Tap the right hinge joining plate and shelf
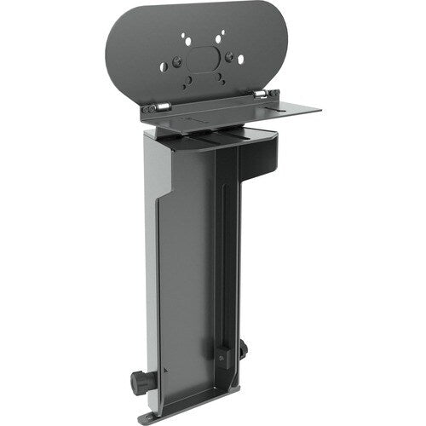tap(266, 95)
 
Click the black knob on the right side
tap(245, 348)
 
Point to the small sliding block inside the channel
tap(223, 352)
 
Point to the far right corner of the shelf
tap(319, 108)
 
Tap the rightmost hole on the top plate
tap(241, 60)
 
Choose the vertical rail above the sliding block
tap(224, 256)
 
